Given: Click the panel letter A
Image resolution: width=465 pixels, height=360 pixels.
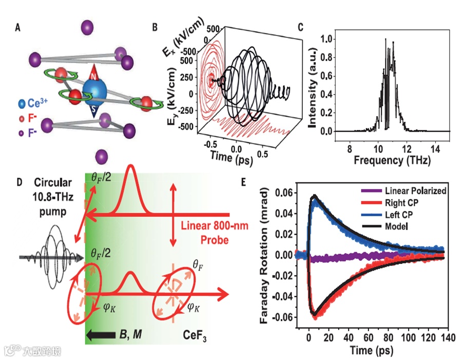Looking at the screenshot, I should tap(18, 29).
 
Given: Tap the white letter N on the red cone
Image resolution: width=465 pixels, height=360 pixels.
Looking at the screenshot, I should tap(93, 75).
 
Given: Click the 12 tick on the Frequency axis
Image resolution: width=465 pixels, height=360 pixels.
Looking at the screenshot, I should tap(406, 149).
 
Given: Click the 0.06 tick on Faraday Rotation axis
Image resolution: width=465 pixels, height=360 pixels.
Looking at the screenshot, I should tap(285, 192).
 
